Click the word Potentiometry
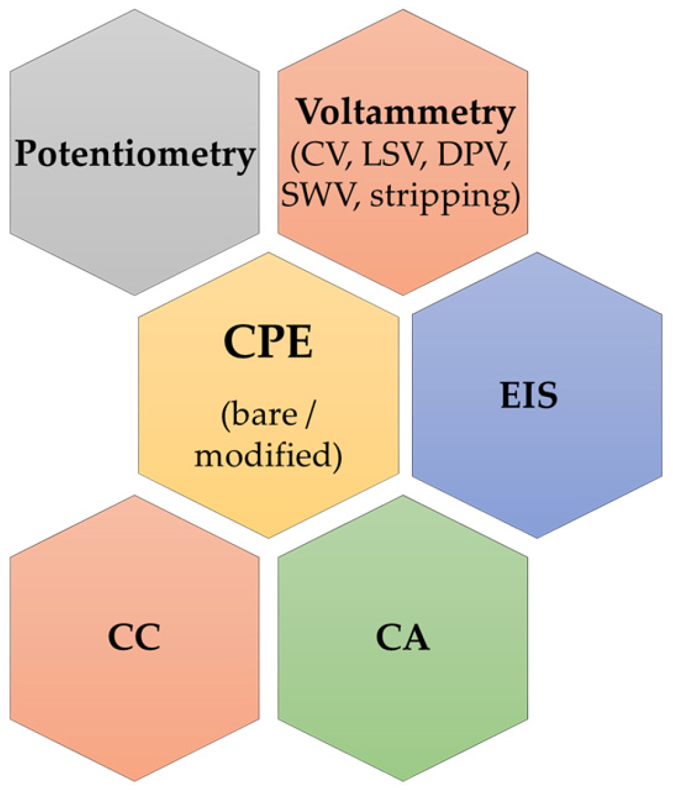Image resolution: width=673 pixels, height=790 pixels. (134, 154)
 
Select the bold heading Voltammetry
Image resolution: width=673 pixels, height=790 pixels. (405, 113)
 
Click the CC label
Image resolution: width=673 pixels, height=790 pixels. (134, 638)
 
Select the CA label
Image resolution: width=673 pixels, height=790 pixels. (403, 638)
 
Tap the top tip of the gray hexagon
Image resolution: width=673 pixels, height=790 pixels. (135, 10)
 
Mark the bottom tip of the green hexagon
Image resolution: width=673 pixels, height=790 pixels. (403, 781)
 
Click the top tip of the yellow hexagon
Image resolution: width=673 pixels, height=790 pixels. (268, 253)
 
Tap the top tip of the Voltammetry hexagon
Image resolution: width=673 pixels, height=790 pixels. (403, 10)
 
